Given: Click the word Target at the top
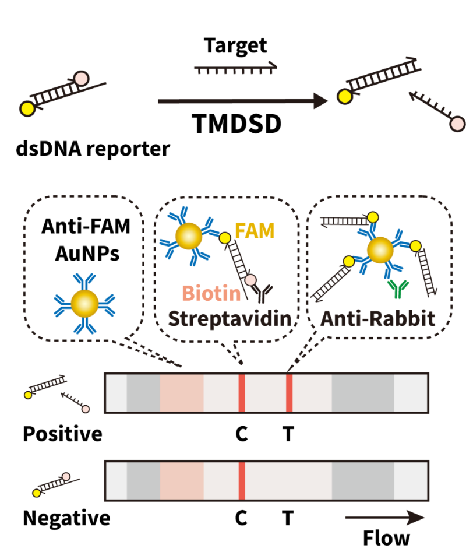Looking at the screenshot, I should pos(235,45).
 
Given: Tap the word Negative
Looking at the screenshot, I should pos(66,518).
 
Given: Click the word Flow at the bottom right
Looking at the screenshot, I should pos(387,537).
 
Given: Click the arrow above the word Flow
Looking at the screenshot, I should pos(384,517).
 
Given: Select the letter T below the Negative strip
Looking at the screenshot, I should pos(288,518).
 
